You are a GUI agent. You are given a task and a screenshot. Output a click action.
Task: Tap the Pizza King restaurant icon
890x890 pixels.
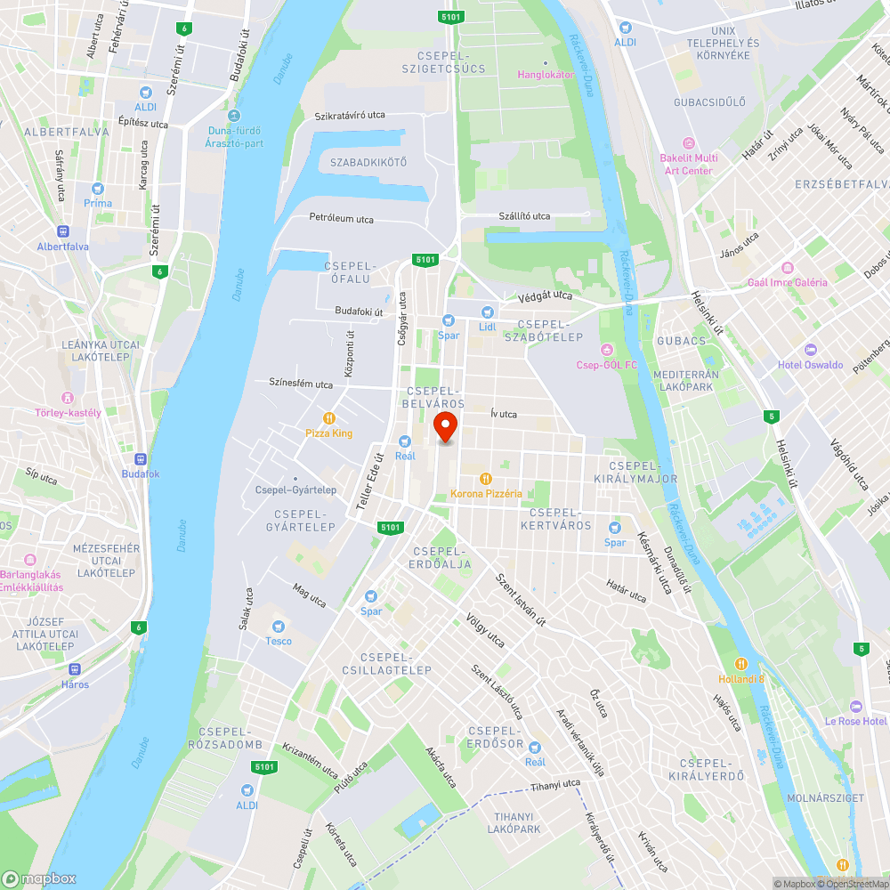click(x=329, y=418)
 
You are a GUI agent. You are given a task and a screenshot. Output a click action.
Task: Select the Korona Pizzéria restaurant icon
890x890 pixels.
click(x=486, y=479)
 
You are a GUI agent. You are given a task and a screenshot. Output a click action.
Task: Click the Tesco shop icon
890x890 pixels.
click(x=279, y=627)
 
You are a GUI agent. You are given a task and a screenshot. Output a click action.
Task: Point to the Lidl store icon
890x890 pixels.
click(x=487, y=312)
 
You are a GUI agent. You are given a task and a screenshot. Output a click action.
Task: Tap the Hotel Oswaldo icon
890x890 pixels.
click(x=810, y=350)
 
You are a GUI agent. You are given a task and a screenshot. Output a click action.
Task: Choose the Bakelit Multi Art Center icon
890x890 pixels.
click(x=687, y=143)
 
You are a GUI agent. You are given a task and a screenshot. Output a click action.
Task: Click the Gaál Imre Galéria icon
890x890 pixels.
click(x=787, y=268)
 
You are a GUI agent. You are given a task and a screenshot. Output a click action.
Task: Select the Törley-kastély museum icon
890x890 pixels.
click(x=68, y=398)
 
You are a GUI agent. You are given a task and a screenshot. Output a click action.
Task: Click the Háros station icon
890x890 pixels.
click(x=75, y=669)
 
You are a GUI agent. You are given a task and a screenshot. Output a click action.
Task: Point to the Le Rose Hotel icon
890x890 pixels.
click(x=856, y=706)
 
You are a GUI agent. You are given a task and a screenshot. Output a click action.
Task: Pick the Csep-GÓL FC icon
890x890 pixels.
click(x=608, y=349)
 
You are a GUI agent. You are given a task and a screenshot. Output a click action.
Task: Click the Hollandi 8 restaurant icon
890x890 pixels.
click(x=740, y=664)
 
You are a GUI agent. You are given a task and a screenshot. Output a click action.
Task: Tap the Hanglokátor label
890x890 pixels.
click(x=546, y=75)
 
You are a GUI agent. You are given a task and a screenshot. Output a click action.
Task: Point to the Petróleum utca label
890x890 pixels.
click(x=341, y=219)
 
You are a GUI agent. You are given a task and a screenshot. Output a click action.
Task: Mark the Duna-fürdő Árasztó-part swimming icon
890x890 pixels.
click(x=233, y=116)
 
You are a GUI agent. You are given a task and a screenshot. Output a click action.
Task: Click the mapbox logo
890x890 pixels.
click(x=39, y=878)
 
